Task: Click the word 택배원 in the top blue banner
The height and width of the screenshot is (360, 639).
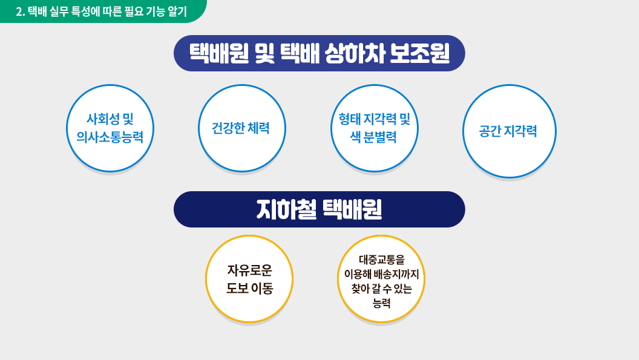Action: pyautogui.click(x=219, y=53)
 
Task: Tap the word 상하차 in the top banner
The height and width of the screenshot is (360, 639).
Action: pyautogui.click(x=355, y=53)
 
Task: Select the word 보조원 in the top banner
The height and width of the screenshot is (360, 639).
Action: pyautogui.click(x=419, y=53)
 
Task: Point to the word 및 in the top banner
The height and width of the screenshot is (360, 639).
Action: pyautogui.click(x=265, y=53)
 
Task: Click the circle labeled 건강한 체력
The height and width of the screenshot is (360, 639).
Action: pyautogui.click(x=242, y=128)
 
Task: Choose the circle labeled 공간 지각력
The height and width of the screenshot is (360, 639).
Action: pyautogui.click(x=510, y=131)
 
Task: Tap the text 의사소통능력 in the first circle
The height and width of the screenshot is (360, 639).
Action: pyautogui.click(x=110, y=137)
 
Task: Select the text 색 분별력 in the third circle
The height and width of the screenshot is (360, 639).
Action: pyautogui.click(x=374, y=137)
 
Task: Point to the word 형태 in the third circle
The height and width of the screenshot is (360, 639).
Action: pyautogui.click(x=350, y=119)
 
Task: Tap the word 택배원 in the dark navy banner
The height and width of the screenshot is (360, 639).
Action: pyautogui.click(x=352, y=209)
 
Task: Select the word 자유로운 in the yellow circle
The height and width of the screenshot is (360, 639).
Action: pyautogui.click(x=249, y=270)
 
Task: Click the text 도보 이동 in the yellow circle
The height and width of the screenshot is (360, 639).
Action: pyautogui.click(x=249, y=288)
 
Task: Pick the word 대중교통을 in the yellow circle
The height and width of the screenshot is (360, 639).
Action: pyautogui.click(x=381, y=260)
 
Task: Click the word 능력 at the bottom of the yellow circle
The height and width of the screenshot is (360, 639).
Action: pyautogui.click(x=381, y=303)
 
